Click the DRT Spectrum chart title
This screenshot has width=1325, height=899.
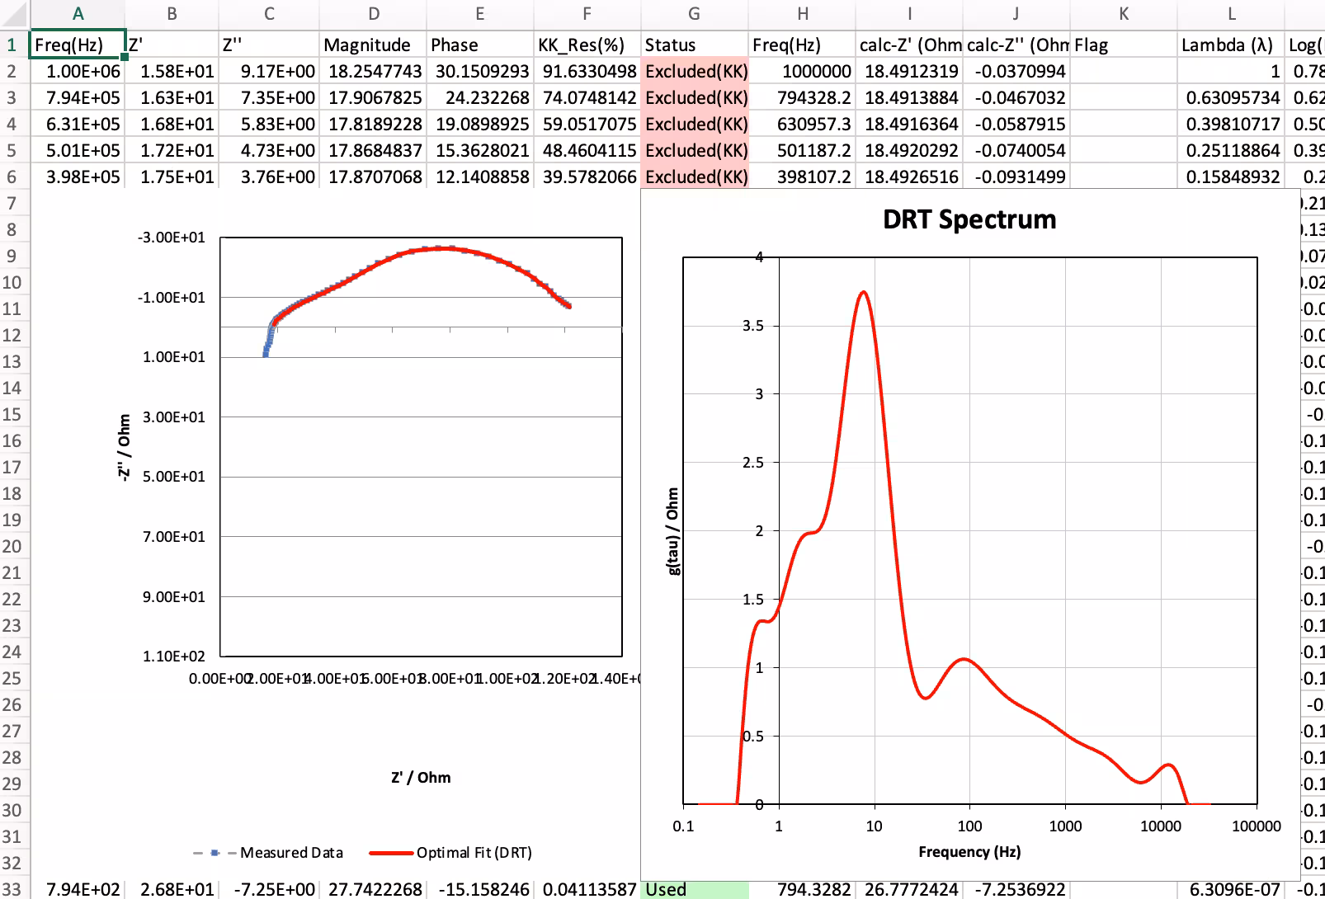pos(969,219)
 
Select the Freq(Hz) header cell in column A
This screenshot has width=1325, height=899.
pos(78,45)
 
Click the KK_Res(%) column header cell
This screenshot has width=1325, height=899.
pos(587,45)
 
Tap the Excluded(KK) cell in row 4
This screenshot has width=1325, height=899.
pos(695,124)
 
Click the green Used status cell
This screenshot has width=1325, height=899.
pos(695,889)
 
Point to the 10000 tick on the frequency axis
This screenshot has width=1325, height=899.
pos(1160,826)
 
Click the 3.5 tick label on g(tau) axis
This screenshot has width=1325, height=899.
pos(752,326)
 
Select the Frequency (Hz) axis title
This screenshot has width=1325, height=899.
pos(969,852)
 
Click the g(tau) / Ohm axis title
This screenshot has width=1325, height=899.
pos(672,531)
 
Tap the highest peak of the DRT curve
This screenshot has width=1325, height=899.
pos(863,292)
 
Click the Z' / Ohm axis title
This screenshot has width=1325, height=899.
pos(421,778)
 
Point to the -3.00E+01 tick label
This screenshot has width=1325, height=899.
pos(171,238)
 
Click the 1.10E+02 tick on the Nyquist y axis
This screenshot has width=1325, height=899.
pos(173,657)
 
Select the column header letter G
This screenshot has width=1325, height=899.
pos(694,14)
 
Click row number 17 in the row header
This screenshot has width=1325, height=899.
pos(12,468)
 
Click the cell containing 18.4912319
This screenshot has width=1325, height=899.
pos(910,71)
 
